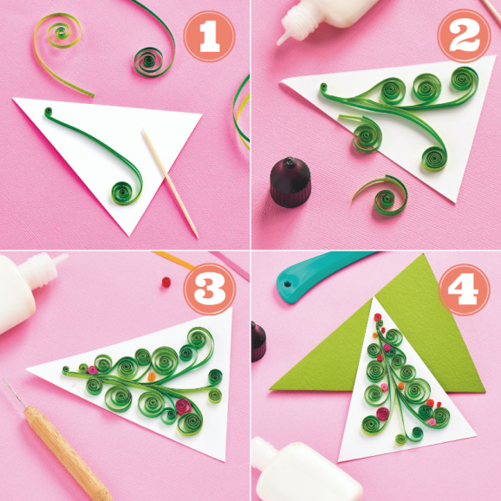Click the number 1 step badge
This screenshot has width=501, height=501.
point(208,36)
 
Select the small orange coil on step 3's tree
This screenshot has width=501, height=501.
point(153,378)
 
